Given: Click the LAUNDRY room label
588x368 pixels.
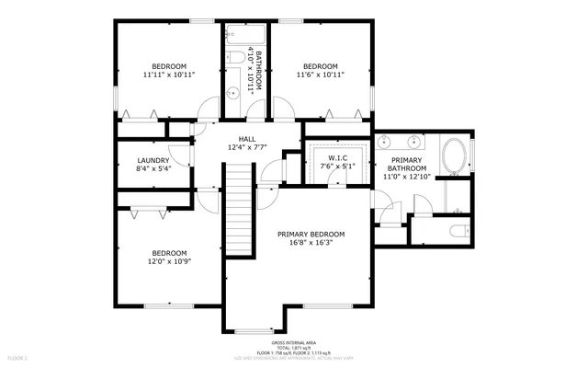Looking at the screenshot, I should pyautogui.click(x=153, y=160).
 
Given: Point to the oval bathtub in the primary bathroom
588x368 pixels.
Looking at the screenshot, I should pyautogui.click(x=454, y=157).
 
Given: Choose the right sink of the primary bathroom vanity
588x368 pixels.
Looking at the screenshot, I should pyautogui.click(x=415, y=143).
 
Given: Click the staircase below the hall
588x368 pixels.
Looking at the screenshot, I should pyautogui.click(x=239, y=207).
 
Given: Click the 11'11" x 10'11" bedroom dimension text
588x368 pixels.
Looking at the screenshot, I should pyautogui.click(x=169, y=76).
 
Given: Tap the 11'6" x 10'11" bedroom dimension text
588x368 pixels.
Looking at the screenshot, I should pyautogui.click(x=321, y=76).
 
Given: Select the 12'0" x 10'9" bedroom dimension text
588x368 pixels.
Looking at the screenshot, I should pyautogui.click(x=169, y=263).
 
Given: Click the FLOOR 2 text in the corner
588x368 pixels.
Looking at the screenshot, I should pyautogui.click(x=17, y=357).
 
